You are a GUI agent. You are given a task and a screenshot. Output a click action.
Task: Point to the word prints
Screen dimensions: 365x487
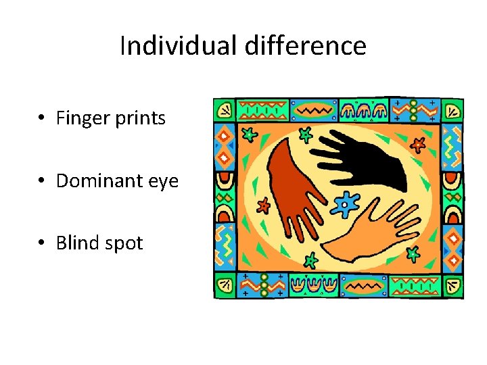pos(139,119)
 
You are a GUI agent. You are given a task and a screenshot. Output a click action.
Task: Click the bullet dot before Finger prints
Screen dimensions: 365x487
pos(42,119)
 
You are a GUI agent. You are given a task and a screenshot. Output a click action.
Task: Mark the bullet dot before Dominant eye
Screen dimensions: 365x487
pos(42,181)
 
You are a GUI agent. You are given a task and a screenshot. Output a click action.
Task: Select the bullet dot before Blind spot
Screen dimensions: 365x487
pos(42,243)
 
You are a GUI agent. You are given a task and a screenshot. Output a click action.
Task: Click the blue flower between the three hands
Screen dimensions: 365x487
pos(347,203)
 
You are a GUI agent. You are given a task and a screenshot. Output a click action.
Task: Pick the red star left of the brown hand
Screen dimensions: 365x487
pos(263,204)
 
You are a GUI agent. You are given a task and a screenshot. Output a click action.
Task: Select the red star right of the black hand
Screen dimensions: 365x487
pos(419,143)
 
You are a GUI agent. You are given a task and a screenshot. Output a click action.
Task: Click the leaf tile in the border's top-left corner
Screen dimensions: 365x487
pos(224,109)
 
